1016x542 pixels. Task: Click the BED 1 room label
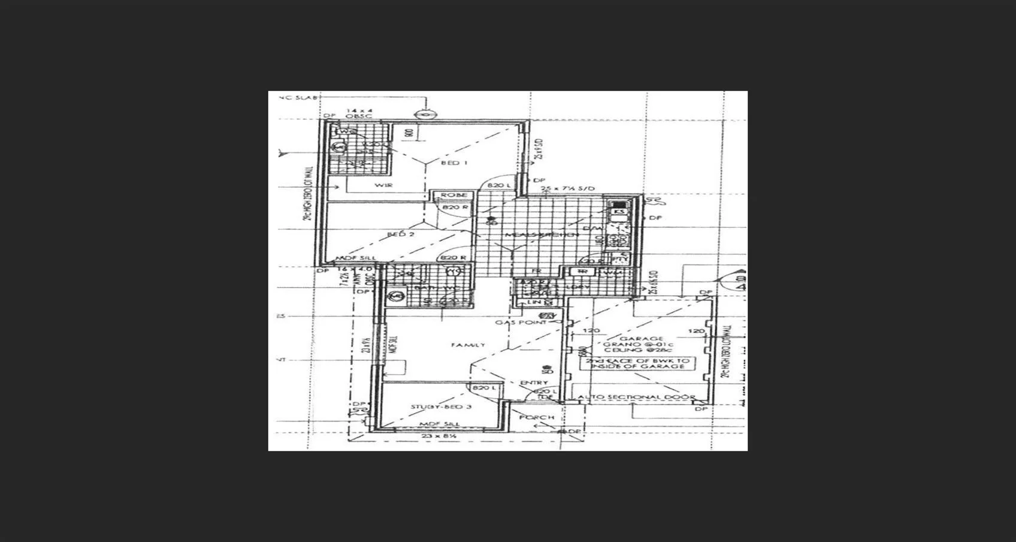(x=454, y=163)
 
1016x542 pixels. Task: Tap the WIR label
(x=383, y=185)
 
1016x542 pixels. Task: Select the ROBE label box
(x=453, y=195)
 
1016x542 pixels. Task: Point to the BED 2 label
(x=401, y=234)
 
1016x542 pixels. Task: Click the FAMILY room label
(x=468, y=345)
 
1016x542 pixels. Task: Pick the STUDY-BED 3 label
(x=441, y=406)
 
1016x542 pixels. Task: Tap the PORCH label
(x=536, y=417)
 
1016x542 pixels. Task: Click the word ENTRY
(x=534, y=383)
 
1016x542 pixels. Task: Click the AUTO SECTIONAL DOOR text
(x=636, y=397)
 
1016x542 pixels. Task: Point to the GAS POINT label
(x=521, y=323)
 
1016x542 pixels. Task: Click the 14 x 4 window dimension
(x=359, y=111)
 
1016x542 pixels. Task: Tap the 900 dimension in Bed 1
(x=409, y=133)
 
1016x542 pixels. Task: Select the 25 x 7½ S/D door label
(x=568, y=189)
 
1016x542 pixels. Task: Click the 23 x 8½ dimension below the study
(x=439, y=436)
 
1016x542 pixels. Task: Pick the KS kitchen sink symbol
(x=619, y=212)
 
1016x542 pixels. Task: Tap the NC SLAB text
(x=295, y=97)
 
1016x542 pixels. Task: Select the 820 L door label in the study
(x=484, y=389)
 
